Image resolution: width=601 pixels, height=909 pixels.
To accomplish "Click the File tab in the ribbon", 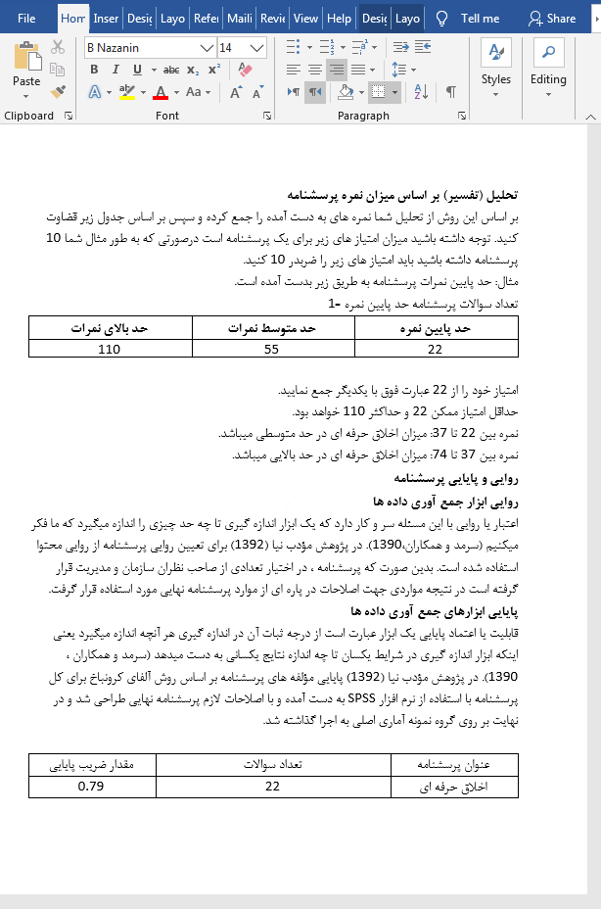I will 26,18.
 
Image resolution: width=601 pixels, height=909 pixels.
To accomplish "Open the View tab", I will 305,18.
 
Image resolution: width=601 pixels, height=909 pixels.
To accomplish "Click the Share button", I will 552,18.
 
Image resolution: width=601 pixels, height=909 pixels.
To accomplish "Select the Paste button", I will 26,69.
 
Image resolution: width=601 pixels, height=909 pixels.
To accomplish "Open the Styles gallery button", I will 495,64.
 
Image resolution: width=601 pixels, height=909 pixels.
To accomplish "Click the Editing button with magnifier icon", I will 548,64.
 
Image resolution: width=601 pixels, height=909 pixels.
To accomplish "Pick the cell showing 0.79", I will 91,787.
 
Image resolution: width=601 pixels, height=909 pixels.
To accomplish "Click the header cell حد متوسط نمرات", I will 273,330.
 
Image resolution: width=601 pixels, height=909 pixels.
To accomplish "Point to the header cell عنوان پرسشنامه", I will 453,765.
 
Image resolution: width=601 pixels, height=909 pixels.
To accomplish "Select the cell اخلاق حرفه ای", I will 453,787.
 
